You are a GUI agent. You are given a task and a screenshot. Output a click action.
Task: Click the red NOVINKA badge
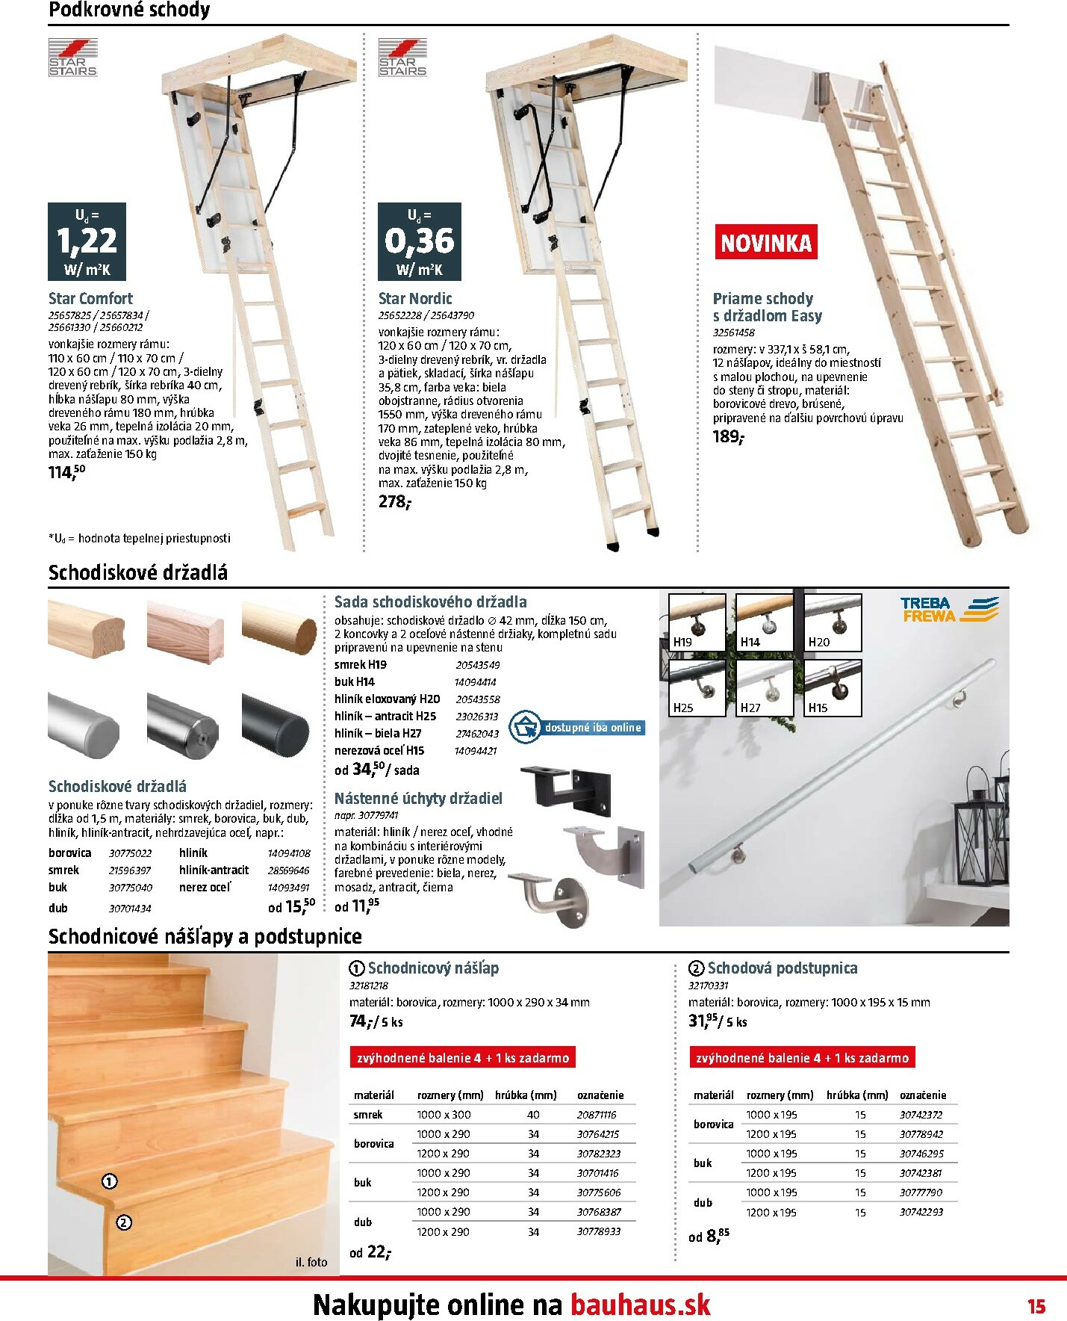(765, 243)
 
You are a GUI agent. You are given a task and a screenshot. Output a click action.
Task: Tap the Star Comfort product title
(90, 298)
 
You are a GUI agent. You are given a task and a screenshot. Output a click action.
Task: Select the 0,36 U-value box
(419, 241)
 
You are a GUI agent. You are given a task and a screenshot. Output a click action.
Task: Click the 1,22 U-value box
(87, 241)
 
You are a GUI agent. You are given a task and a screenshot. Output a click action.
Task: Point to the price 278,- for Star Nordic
(394, 501)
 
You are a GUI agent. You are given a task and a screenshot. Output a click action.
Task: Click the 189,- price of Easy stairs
(728, 436)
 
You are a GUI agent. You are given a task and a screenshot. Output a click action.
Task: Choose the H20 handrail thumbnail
(833, 622)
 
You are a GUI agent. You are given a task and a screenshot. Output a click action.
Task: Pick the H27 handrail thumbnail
(765, 687)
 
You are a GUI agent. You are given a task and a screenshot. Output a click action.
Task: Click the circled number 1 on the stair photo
(110, 1181)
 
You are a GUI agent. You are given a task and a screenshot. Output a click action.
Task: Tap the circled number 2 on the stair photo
(124, 1222)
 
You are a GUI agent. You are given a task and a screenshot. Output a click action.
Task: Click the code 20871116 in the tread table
(597, 1114)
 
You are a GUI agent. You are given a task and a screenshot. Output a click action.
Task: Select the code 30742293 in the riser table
(921, 1212)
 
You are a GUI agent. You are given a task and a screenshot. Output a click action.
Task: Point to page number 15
(1036, 1306)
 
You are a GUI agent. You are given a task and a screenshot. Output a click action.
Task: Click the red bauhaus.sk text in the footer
(640, 1305)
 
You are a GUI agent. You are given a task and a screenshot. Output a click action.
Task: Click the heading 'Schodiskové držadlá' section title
(138, 573)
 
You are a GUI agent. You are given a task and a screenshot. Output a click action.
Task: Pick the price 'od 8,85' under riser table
(709, 1236)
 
